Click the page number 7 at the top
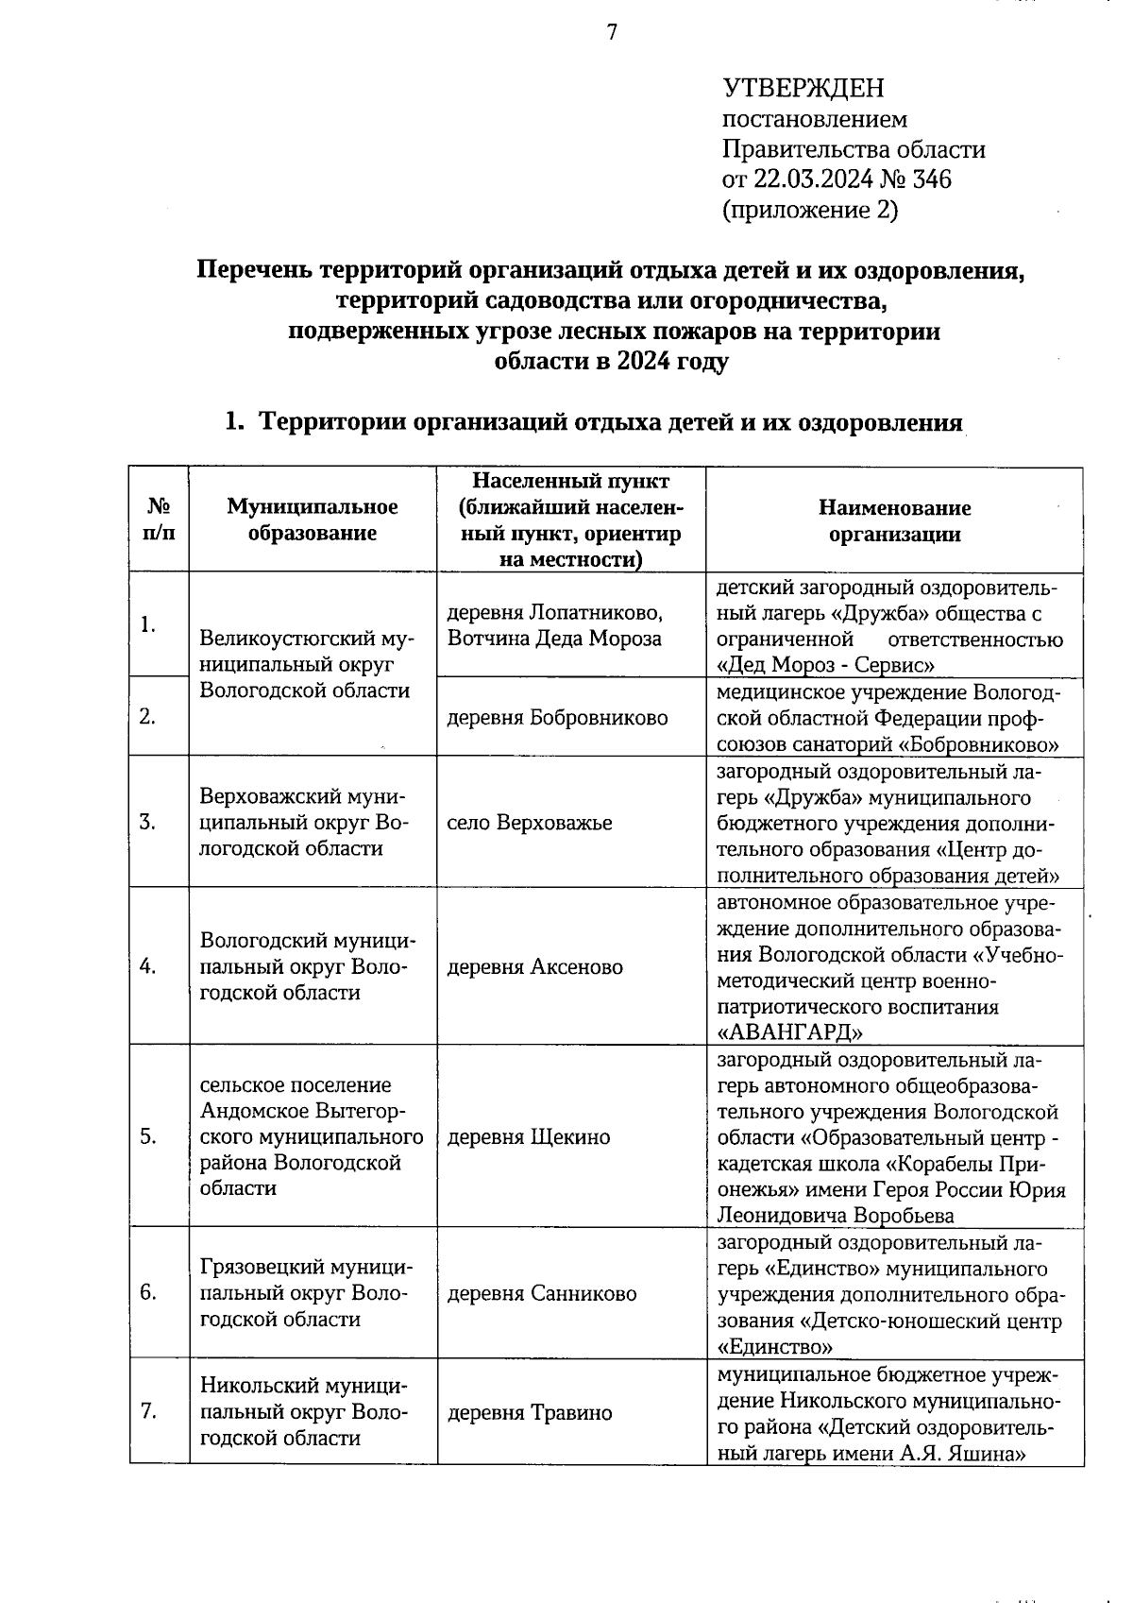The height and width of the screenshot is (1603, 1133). pos(611,32)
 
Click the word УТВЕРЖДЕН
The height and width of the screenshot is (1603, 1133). pos(803,89)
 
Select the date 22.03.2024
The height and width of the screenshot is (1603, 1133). pos(808,179)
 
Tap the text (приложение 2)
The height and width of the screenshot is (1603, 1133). pos(810,209)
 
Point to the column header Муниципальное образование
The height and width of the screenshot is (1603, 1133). pos(312,520)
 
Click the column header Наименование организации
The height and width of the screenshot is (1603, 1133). pos(894,520)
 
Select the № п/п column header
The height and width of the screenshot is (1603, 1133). pos(159,520)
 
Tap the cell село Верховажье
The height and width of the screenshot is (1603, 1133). pos(530,822)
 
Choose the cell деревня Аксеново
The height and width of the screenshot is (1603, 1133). pos(534,966)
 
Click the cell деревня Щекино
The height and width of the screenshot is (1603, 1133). pos(529,1136)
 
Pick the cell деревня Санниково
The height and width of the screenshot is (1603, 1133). pos(542,1293)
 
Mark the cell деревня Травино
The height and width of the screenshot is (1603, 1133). pos(530,1412)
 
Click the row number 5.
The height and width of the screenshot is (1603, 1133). pos(148,1136)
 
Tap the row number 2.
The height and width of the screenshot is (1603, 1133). pos(147,717)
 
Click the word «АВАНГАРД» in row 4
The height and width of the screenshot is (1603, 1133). pos(790,1031)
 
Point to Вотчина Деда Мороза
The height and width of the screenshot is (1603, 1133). pos(555,639)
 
